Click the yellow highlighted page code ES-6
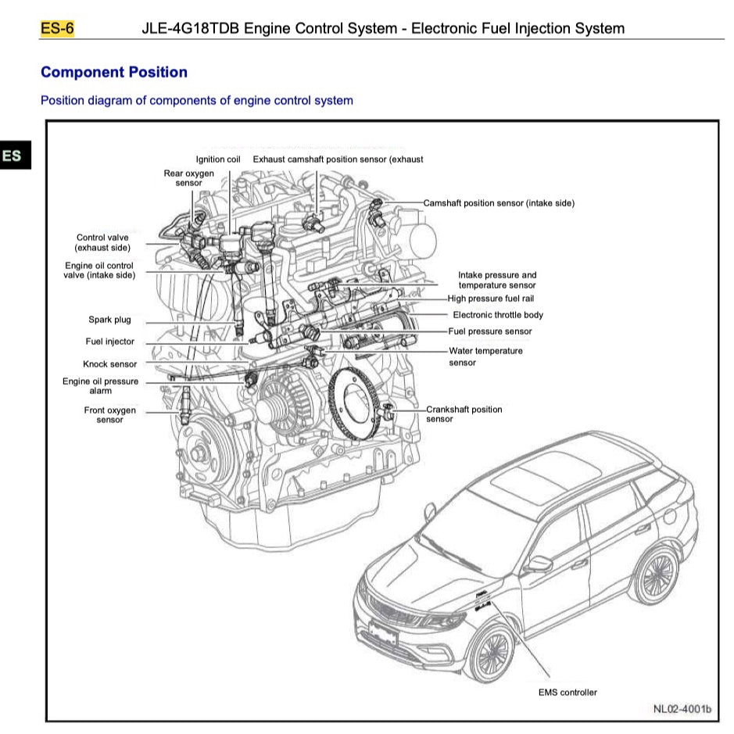point(57,29)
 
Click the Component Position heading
point(114,73)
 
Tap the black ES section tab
point(13,156)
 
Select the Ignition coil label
point(218,159)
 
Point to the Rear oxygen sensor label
point(188,178)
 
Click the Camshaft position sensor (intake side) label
point(499,203)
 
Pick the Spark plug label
point(109,320)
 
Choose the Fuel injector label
point(109,342)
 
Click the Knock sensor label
point(109,364)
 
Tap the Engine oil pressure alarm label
point(100,386)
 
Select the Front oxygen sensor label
point(109,415)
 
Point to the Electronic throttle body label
point(497,315)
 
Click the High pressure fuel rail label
point(490,299)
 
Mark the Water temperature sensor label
point(485,356)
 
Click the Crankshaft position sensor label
point(464,414)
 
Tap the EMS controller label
point(568,693)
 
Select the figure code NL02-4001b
point(682,709)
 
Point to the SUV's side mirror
point(539,563)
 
